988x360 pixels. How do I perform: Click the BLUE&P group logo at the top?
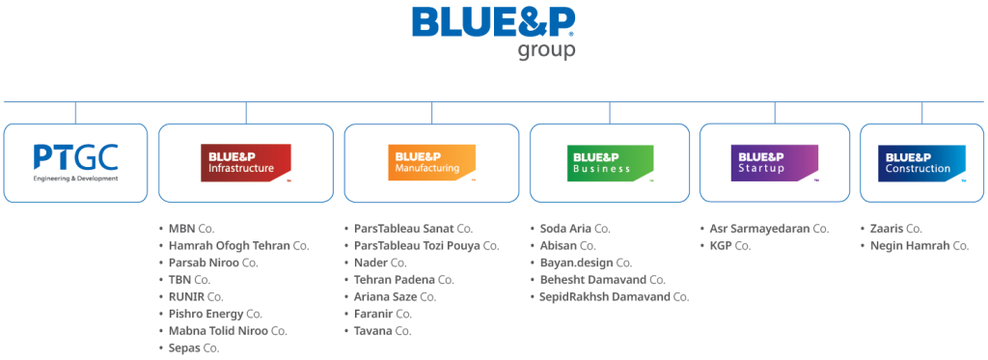[493, 31]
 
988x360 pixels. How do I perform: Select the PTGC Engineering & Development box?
[75, 162]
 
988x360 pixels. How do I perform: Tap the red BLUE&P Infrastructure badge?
[245, 162]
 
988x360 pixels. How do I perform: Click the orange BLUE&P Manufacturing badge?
[431, 162]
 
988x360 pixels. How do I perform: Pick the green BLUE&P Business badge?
[609, 162]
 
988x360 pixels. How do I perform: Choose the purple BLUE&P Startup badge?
[774, 162]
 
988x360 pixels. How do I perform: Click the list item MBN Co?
[191, 229]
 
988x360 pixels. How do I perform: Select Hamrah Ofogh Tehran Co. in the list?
[237, 246]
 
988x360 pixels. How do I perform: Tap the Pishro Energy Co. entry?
[215, 314]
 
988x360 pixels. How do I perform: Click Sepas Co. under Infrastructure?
[193, 347]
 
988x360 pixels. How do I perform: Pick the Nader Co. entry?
[380, 263]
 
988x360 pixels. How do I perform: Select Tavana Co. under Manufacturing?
[383, 330]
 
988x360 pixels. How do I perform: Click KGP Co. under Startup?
[729, 246]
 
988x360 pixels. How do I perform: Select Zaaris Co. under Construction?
[896, 229]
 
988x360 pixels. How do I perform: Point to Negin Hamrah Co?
[919, 246]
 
